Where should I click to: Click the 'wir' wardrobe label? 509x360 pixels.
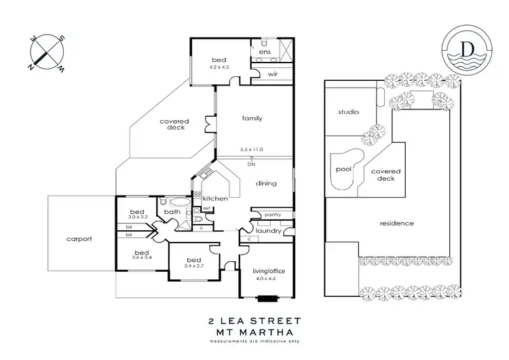273,74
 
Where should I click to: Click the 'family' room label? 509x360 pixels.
252,118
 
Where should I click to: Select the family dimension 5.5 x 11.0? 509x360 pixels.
251,149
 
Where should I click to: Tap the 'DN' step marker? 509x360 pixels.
252,164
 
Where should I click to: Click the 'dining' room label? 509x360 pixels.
265,183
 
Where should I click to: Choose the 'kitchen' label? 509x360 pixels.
215,198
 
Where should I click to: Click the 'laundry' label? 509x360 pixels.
268,230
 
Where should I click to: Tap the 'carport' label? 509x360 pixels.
79,239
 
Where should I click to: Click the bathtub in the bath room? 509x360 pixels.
180,202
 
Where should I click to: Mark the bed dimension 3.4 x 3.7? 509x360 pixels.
193,266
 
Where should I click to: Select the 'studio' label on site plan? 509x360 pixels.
349,111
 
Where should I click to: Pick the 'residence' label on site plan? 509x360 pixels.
397,223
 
